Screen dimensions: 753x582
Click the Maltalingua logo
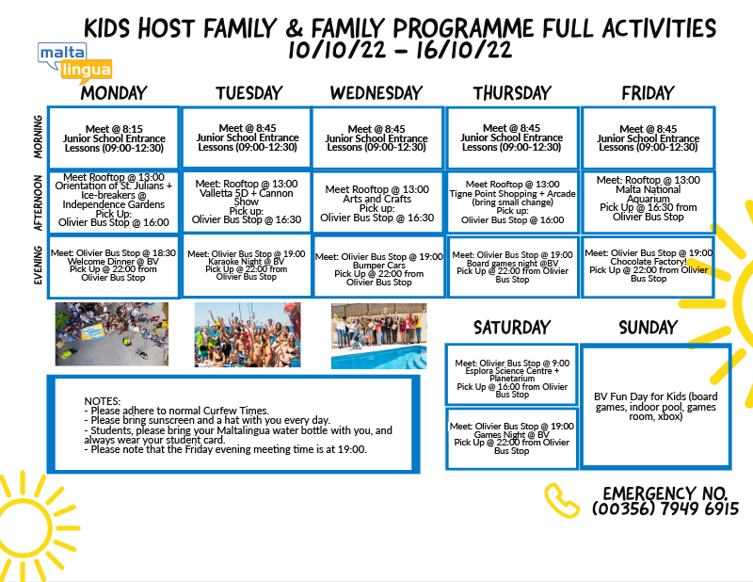pyautogui.click(x=75, y=62)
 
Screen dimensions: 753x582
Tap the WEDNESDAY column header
pyautogui.click(x=376, y=92)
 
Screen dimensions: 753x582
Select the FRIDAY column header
pyautogui.click(x=648, y=92)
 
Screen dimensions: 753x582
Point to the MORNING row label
pyautogui.click(x=38, y=137)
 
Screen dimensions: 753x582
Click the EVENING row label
pyautogui.click(x=38, y=266)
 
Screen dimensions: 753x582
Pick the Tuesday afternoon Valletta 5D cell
pyautogui.click(x=247, y=202)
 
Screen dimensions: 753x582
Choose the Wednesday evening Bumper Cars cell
pyautogui.click(x=379, y=267)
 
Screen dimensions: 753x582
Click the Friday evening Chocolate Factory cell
pyautogui.click(x=649, y=266)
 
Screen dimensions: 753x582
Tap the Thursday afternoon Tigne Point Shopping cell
pyautogui.click(x=512, y=202)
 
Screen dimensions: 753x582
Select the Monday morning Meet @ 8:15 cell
pyautogui.click(x=114, y=137)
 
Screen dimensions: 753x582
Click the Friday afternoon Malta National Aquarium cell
pyautogui.click(x=649, y=202)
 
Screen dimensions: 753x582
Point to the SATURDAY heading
pyautogui.click(x=512, y=328)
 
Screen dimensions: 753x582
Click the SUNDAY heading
pyautogui.click(x=648, y=328)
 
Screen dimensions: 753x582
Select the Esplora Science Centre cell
pyautogui.click(x=512, y=375)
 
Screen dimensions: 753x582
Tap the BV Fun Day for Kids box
pyautogui.click(x=656, y=406)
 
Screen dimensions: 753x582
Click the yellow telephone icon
pyautogui.click(x=561, y=500)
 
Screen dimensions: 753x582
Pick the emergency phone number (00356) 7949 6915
pyautogui.click(x=665, y=509)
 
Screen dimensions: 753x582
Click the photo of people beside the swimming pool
pyautogui.click(x=379, y=336)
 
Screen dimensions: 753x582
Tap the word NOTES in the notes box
pyautogui.click(x=103, y=401)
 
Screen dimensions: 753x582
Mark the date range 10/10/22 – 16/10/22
pyautogui.click(x=400, y=50)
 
